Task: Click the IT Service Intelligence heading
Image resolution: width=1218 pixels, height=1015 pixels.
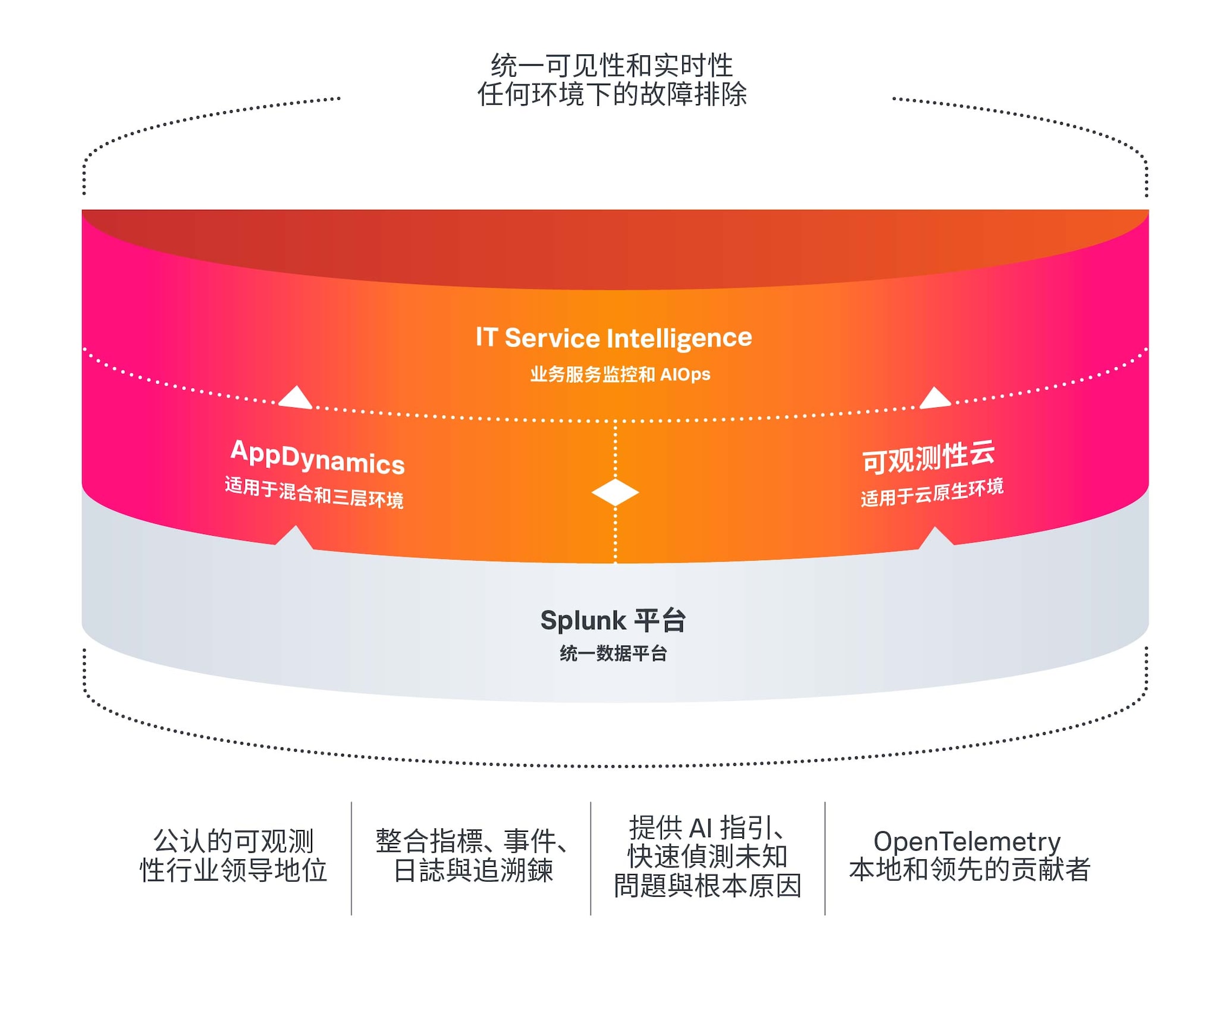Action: click(x=613, y=338)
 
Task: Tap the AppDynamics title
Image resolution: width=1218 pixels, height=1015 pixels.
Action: click(x=318, y=458)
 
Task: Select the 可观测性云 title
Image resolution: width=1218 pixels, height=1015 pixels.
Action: click(x=928, y=458)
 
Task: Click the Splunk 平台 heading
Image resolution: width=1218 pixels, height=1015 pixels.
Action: click(x=613, y=620)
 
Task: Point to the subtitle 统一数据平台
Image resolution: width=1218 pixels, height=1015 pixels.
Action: click(x=613, y=653)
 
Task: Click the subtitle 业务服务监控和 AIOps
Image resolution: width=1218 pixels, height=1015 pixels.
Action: click(x=620, y=375)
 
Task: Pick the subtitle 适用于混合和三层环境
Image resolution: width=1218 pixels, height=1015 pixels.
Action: click(x=314, y=493)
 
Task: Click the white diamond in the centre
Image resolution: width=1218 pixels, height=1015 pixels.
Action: click(x=615, y=492)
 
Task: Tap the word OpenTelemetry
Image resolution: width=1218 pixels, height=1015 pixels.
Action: click(x=967, y=841)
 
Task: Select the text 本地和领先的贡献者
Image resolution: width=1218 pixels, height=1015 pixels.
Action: click(x=969, y=870)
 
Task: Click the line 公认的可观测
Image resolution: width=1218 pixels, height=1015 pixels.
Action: click(x=233, y=841)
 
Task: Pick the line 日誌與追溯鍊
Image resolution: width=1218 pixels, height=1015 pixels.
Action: click(x=473, y=871)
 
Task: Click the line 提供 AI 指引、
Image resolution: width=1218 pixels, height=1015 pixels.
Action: click(x=707, y=827)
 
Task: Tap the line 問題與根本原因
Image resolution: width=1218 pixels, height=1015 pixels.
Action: click(x=707, y=885)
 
